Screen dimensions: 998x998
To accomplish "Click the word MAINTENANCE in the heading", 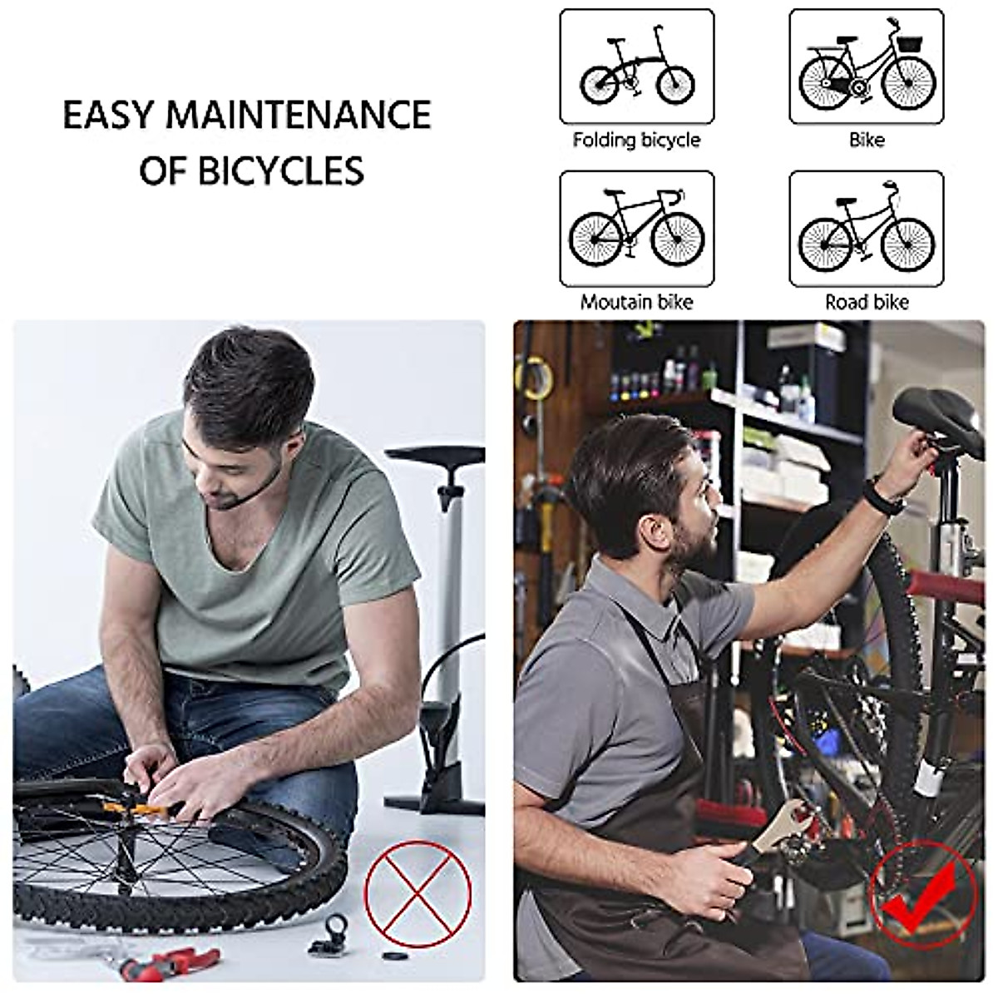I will pos(298,115).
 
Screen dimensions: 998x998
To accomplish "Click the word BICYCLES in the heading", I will pos(281,170).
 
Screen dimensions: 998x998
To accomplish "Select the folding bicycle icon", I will pos(636,66).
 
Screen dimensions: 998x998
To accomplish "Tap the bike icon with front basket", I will pos(866,66).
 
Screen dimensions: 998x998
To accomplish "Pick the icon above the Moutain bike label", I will pos(636,228).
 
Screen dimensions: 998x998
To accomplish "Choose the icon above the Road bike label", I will pos(866,228).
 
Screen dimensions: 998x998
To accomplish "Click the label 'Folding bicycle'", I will pos(636,140).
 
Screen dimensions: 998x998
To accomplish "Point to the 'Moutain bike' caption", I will pos(636,302).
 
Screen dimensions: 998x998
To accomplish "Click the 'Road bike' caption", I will pos(867,302).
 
